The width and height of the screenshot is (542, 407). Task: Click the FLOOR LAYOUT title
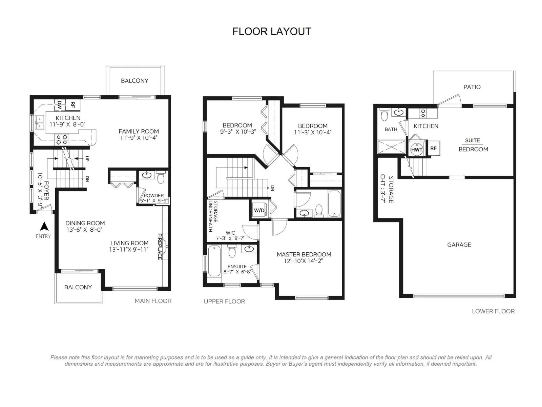pyautogui.click(x=272, y=32)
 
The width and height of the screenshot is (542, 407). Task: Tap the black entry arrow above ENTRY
pyautogui.click(x=44, y=226)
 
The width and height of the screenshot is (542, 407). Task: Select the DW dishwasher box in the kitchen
pyautogui.click(x=60, y=105)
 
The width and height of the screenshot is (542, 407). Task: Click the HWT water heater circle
pyautogui.click(x=417, y=150)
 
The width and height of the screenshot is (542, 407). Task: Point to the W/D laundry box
pyautogui.click(x=259, y=210)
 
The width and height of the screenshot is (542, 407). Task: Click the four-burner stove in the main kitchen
pyautogui.click(x=62, y=139)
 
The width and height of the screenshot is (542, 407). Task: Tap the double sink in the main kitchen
pyautogui.click(x=40, y=122)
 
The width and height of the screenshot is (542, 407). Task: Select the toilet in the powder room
pyautogui.click(x=161, y=177)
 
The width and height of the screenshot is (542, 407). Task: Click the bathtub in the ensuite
pyautogui.click(x=214, y=261)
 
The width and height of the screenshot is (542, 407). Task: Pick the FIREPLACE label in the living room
pyautogui.click(x=160, y=246)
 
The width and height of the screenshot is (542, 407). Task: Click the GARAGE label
pyautogui.click(x=459, y=245)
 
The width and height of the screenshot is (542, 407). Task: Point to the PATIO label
pyautogui.click(x=472, y=87)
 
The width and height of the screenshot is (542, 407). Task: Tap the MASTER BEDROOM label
pyautogui.click(x=304, y=254)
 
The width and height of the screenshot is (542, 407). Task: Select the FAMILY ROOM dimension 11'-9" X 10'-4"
pyautogui.click(x=139, y=138)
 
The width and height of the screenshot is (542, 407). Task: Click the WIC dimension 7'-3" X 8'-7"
pyautogui.click(x=230, y=238)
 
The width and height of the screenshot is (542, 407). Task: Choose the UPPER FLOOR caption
pyautogui.click(x=224, y=301)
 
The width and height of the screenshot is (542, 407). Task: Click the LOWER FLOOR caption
pyautogui.click(x=493, y=311)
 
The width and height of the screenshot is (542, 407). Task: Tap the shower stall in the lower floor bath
pyautogui.click(x=392, y=147)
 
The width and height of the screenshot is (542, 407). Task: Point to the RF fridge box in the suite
pyautogui.click(x=433, y=148)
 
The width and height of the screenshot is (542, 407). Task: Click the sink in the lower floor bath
pyautogui.click(x=398, y=113)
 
